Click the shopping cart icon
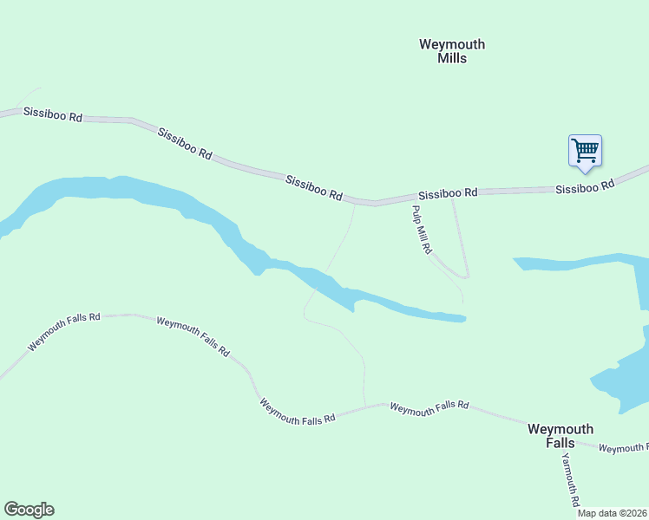pyautogui.click(x=585, y=150)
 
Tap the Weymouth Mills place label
pyautogui.click(x=452, y=51)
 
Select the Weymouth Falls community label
pyautogui.click(x=560, y=435)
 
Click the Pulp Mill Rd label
pyautogui.click(x=422, y=230)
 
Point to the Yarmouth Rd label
pyautogui.click(x=569, y=479)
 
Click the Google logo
pyautogui.click(x=29, y=510)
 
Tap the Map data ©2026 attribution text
pyautogui.click(x=613, y=513)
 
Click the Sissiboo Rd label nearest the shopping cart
pyautogui.click(x=585, y=185)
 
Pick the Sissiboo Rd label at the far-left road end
pyautogui.click(x=53, y=114)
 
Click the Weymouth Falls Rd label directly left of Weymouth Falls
pyautogui.click(x=429, y=408)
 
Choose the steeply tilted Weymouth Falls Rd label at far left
pyautogui.click(x=63, y=332)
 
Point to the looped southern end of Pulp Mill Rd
pyautogui.click(x=465, y=276)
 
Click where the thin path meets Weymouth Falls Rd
pyautogui.click(x=365, y=405)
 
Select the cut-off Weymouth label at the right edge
pyautogui.click(x=623, y=448)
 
